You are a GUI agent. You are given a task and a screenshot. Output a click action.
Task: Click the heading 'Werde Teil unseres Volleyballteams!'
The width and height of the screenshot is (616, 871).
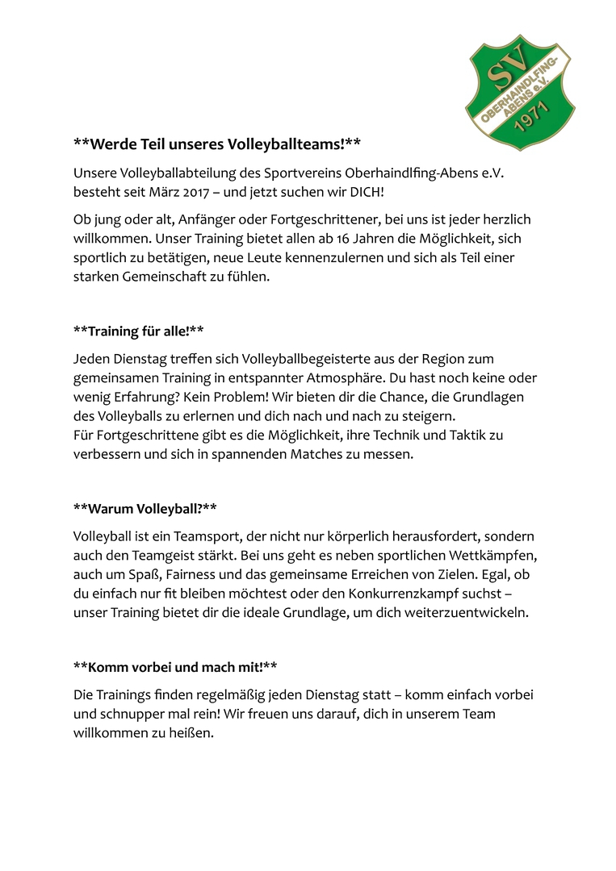216,144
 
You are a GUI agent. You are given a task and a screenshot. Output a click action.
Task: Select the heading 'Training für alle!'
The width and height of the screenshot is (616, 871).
138,331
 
